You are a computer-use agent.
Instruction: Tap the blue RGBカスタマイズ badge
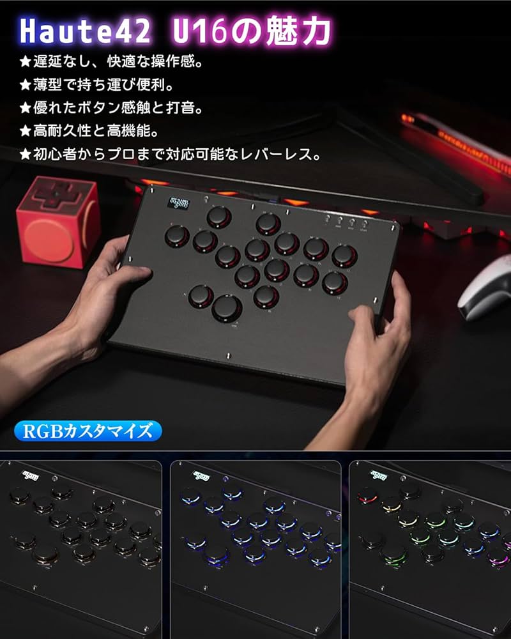point(87,431)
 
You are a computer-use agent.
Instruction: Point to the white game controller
point(485,288)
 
